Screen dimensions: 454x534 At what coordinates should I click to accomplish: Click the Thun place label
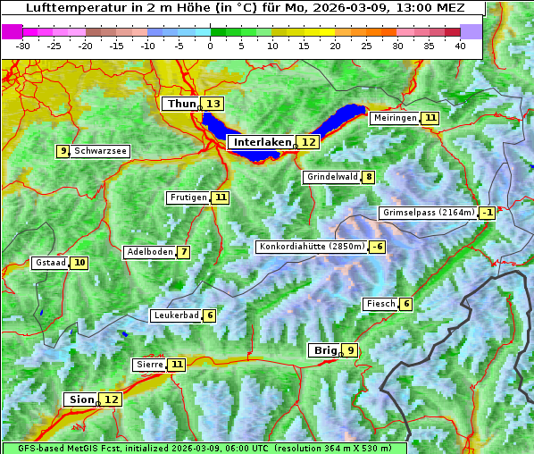click(181, 105)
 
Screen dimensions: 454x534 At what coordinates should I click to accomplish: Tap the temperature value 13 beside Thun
click(213, 105)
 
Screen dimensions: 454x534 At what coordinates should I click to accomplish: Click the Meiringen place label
click(394, 118)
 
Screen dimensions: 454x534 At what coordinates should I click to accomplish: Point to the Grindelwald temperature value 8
click(369, 177)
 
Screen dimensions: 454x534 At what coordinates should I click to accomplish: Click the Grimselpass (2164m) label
click(428, 213)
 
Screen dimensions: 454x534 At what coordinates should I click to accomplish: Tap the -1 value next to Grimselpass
click(487, 213)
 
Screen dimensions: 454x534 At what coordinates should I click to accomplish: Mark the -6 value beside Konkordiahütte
click(378, 247)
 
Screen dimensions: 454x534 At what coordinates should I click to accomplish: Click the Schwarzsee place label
click(100, 151)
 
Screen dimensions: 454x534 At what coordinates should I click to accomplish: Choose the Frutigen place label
click(188, 198)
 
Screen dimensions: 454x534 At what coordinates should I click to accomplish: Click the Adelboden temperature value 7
click(184, 252)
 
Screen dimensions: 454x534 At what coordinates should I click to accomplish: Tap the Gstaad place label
click(49, 263)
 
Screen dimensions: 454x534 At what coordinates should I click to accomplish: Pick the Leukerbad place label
click(175, 315)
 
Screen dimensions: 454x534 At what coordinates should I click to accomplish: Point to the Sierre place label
click(149, 365)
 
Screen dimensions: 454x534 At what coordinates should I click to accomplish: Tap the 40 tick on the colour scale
click(460, 45)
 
